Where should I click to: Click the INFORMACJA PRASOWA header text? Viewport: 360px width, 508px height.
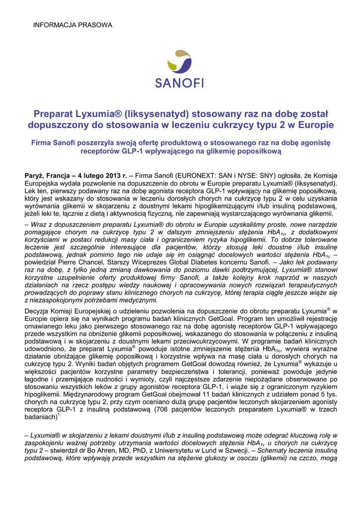coord(72,25)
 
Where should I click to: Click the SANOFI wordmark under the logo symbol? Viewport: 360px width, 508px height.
coord(179,83)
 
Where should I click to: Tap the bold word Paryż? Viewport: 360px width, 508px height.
coord(35,176)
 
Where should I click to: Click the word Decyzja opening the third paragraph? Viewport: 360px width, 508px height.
coord(38,312)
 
